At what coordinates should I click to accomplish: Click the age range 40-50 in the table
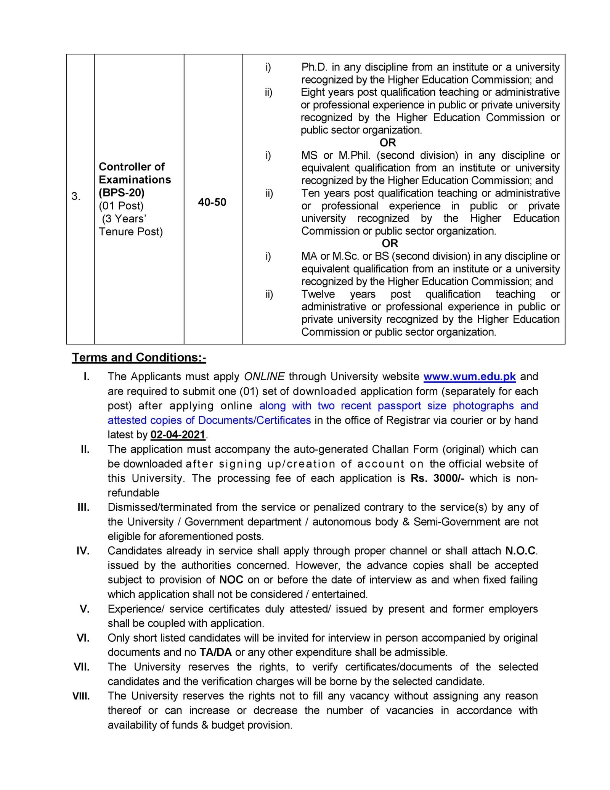click(x=212, y=202)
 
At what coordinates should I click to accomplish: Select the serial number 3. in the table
click(x=75, y=196)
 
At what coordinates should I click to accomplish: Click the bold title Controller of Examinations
click(x=135, y=173)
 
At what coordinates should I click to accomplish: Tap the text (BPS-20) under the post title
click(x=122, y=192)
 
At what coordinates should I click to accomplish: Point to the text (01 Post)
click(x=121, y=206)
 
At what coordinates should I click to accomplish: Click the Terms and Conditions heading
click(x=139, y=357)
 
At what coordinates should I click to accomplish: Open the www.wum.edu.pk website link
click(x=469, y=376)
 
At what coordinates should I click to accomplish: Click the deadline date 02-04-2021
click(x=178, y=435)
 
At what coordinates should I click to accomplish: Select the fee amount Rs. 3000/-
click(x=437, y=478)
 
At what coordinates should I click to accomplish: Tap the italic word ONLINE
click(x=264, y=376)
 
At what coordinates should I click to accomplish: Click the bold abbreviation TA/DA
click(x=216, y=652)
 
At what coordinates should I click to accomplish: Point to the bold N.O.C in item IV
click(x=521, y=551)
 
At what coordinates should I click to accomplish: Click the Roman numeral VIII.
click(x=81, y=696)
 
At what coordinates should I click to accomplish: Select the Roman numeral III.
click(x=83, y=507)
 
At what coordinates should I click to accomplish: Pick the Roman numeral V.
click(x=85, y=609)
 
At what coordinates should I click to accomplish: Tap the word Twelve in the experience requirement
click(x=318, y=294)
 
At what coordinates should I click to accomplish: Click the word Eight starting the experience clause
click(x=313, y=92)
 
